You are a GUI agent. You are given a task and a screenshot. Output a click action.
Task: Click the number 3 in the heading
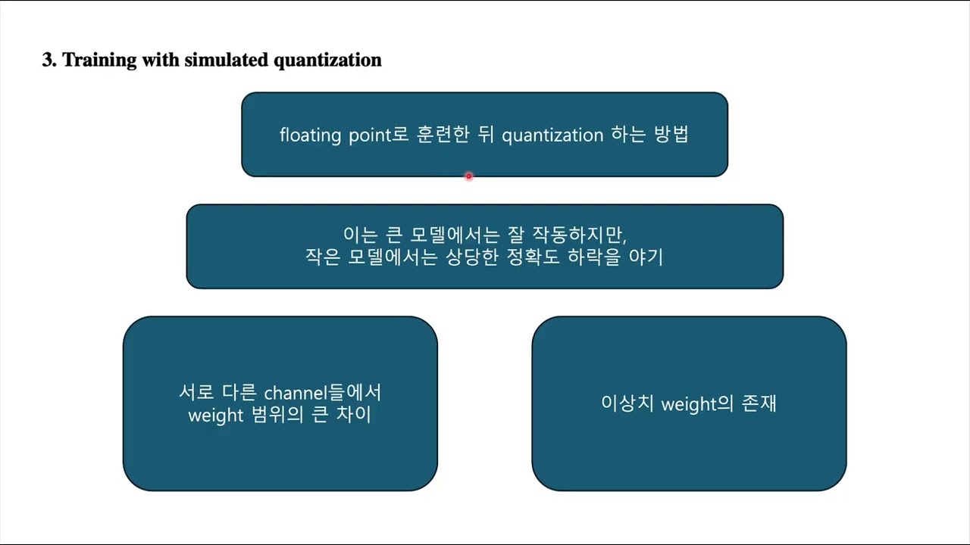tap(47, 61)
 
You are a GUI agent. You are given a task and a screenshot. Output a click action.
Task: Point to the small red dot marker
tap(468, 176)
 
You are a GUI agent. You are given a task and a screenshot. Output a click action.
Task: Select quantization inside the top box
tap(552, 135)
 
